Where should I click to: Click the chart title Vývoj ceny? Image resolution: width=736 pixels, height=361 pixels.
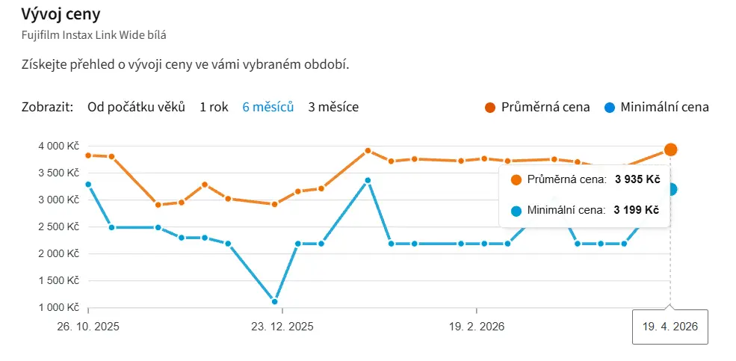[x=62, y=14]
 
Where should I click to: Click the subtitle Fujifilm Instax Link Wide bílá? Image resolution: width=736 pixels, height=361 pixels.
[x=100, y=34]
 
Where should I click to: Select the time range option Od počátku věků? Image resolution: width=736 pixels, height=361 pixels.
[x=136, y=107]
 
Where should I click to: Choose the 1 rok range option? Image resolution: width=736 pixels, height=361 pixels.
[x=214, y=107]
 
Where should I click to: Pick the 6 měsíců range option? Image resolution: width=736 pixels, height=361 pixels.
[x=268, y=107]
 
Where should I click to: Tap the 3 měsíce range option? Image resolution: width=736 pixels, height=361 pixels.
[x=333, y=107]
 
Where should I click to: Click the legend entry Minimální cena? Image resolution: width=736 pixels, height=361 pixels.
[x=664, y=107]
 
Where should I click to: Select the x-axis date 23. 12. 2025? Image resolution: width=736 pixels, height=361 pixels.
[x=282, y=327]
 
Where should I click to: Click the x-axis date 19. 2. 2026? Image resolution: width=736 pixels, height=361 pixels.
[x=477, y=327]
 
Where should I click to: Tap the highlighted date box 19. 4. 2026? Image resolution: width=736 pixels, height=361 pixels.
[x=670, y=327]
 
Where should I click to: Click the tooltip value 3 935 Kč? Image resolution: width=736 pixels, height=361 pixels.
[x=637, y=179]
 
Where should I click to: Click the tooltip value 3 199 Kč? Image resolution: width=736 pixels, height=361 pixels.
[x=637, y=211]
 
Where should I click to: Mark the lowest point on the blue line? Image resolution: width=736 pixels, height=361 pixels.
[x=275, y=302]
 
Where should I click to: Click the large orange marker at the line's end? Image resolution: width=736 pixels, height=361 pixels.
[x=671, y=149]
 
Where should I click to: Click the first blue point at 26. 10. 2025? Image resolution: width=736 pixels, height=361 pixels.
[x=88, y=185]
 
